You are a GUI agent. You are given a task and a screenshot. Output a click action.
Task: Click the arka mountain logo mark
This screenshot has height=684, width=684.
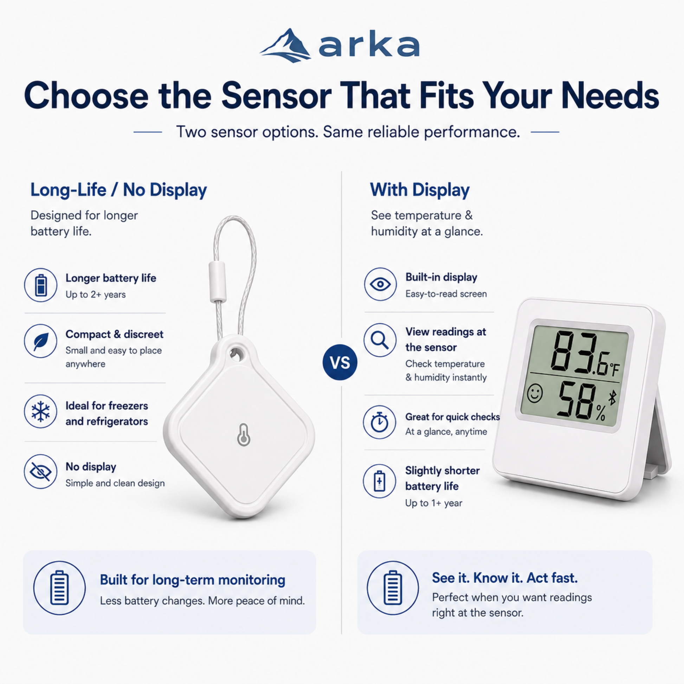(285, 46)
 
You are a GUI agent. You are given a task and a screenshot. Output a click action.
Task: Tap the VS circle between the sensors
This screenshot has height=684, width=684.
(340, 362)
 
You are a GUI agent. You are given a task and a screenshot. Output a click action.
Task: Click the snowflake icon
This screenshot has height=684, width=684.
(41, 411)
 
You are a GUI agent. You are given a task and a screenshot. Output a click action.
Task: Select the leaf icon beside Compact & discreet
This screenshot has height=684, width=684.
(41, 341)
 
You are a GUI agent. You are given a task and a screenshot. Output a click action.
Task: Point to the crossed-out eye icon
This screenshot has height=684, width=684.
(41, 471)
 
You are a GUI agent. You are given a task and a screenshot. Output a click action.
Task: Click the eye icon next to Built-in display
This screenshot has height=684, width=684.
(380, 284)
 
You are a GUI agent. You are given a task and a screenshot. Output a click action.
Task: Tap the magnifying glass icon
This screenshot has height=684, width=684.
(380, 340)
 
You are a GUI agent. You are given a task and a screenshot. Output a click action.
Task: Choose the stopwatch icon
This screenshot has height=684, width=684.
(380, 422)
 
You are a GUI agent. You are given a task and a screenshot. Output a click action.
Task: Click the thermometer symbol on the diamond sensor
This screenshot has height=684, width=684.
(244, 434)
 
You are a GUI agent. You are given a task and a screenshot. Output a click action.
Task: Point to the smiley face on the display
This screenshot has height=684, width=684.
(535, 393)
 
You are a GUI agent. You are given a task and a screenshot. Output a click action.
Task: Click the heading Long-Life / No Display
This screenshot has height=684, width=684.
(118, 190)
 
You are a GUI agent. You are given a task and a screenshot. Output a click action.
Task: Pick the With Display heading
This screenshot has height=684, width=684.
(420, 190)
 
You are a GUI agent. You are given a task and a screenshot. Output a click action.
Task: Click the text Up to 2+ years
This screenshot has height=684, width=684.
(96, 295)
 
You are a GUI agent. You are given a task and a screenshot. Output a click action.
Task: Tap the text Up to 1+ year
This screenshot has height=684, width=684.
(434, 503)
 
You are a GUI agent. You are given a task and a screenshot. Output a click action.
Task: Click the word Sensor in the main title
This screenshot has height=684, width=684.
(277, 96)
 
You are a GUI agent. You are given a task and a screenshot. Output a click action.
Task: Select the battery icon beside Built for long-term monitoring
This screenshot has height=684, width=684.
(59, 588)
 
